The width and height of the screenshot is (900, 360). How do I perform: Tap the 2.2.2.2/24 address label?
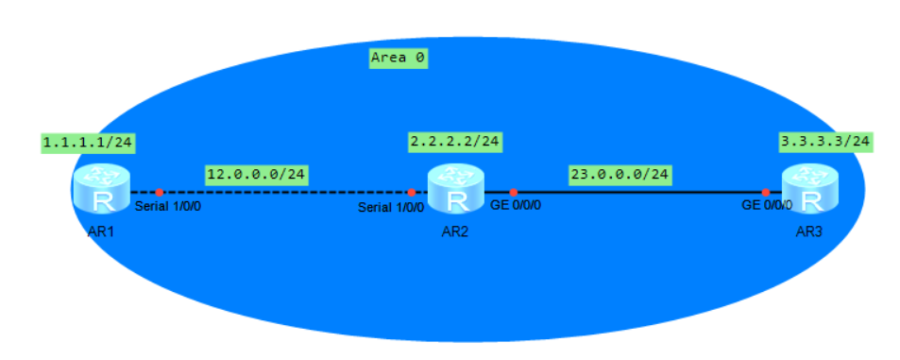[454, 143]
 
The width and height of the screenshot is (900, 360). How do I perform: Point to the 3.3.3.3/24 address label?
[824, 143]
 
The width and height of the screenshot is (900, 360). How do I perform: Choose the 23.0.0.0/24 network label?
[620, 175]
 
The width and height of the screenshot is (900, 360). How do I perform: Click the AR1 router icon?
[102, 191]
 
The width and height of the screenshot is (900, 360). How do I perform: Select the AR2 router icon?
[456, 191]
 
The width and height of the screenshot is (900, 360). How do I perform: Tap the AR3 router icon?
[812, 191]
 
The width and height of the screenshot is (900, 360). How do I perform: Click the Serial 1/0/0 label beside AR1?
[168, 206]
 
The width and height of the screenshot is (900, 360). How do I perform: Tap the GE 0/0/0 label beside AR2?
[515, 206]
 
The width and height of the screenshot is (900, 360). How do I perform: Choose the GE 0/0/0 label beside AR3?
[766, 206]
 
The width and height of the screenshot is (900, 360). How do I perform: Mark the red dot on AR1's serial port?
[160, 192]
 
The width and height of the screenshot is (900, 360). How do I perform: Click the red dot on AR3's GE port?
[766, 192]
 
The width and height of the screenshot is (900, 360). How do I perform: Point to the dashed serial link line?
[283, 192]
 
